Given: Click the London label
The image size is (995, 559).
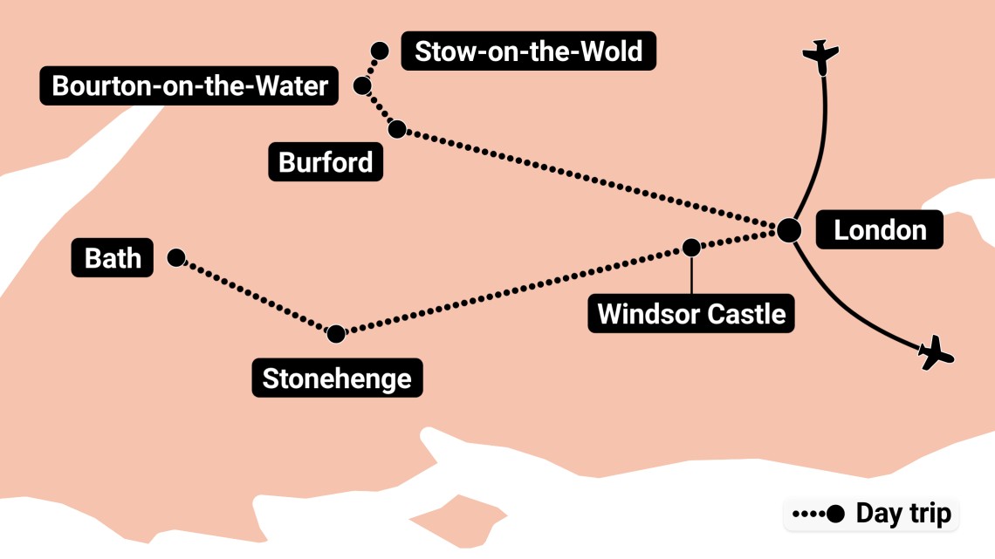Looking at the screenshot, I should click(x=879, y=230).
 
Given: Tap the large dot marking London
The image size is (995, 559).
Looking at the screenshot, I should click(x=789, y=229).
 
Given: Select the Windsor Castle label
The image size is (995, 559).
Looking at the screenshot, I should click(x=691, y=312).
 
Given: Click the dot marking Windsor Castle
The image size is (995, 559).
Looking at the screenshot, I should click(x=691, y=248).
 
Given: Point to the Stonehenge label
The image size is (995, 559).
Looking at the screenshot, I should click(x=337, y=378).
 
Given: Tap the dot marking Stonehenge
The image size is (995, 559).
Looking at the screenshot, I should click(x=336, y=333).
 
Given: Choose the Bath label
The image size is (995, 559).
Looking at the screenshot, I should click(x=113, y=258).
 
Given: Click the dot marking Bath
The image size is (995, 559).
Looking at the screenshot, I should click(x=175, y=257).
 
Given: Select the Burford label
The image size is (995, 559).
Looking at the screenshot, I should click(x=326, y=162).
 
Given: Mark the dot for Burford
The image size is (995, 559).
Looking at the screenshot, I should click(x=396, y=130).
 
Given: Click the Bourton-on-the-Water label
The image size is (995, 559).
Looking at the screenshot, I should click(x=189, y=86).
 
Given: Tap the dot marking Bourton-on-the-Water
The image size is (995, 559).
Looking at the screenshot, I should click(x=361, y=85).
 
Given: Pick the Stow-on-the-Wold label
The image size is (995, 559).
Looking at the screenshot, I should click(x=528, y=51).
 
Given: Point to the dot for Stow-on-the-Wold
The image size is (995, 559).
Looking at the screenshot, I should click(x=380, y=51).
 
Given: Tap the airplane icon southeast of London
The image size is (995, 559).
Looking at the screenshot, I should click(x=937, y=352).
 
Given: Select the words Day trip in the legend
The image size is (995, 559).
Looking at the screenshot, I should click(x=903, y=514).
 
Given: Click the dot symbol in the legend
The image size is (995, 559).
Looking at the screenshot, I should click(x=836, y=515).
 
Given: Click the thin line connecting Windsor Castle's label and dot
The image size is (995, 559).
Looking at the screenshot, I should click(x=691, y=275).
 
